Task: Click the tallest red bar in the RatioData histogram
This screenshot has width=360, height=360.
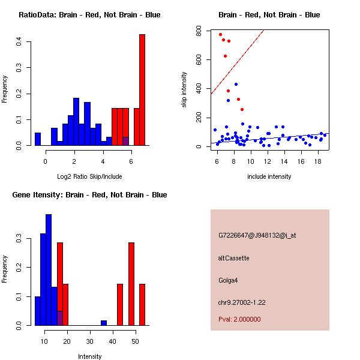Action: (142, 90)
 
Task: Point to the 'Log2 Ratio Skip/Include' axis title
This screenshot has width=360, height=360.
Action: (89, 176)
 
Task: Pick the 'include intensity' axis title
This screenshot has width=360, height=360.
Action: (269, 176)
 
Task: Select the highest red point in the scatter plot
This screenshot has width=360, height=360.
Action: (220, 35)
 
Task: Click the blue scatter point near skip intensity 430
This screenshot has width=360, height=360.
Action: (236, 85)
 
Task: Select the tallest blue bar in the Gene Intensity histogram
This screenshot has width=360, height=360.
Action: (49, 270)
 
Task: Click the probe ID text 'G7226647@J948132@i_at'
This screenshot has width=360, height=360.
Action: (257, 235)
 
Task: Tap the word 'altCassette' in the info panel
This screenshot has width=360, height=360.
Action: (233, 258)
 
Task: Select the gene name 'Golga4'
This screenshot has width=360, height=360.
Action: (229, 280)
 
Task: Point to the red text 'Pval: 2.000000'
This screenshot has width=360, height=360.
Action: (239, 320)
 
